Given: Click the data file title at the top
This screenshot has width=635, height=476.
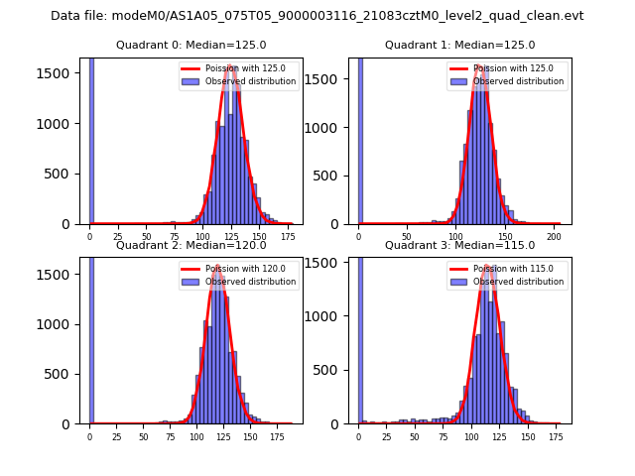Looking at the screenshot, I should click(317, 16).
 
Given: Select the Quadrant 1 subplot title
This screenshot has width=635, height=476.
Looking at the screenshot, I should click(459, 45).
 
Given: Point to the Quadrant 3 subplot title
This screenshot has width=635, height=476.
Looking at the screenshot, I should click(459, 245).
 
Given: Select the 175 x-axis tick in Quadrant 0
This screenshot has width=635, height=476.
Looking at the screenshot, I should click(288, 237).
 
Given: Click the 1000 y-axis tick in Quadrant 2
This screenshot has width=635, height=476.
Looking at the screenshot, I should click(61, 324).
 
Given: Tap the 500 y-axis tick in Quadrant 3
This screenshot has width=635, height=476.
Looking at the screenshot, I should click(332, 370).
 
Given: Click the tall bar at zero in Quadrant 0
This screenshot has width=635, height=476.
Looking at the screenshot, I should click(91, 139).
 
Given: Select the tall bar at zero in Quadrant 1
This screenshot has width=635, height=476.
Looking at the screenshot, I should click(360, 139).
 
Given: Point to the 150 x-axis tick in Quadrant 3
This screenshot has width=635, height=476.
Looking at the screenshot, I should click(527, 436).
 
